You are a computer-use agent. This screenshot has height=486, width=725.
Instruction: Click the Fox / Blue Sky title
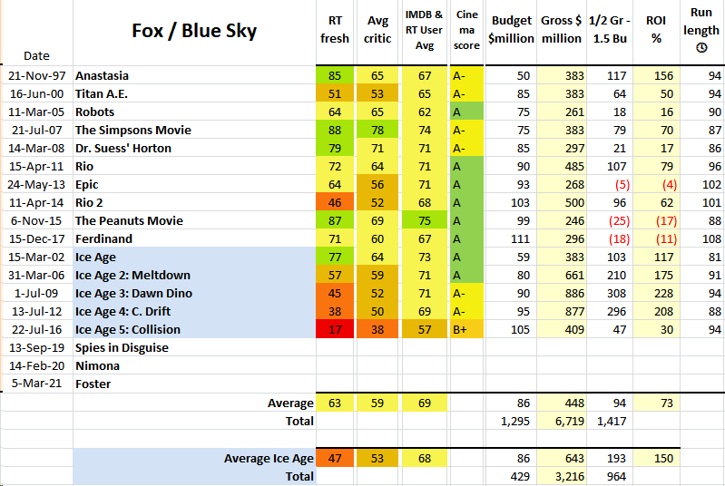[x=195, y=31]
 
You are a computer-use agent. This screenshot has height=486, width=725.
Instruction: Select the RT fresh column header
[x=335, y=29]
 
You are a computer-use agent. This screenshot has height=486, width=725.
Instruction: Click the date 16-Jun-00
[x=37, y=93]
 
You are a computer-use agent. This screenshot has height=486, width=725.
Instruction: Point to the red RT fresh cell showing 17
[x=335, y=329]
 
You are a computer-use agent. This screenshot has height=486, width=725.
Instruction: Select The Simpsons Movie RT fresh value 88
[x=335, y=130]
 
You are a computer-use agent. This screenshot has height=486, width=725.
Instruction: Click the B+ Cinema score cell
[x=462, y=329]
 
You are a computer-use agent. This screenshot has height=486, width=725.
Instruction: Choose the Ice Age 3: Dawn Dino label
[x=133, y=293]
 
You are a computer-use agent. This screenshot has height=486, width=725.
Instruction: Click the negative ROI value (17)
[x=662, y=220]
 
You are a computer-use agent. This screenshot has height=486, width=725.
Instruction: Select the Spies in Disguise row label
[x=122, y=347]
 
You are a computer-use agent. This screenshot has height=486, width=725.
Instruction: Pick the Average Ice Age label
[x=269, y=458]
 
